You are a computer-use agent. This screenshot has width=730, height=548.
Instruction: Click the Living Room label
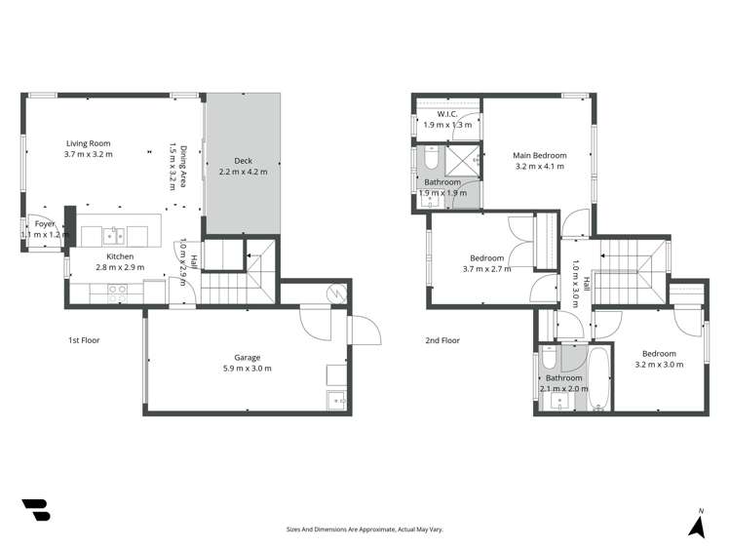click(89, 142)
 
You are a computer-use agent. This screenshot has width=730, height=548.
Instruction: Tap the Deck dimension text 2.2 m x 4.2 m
click(243, 173)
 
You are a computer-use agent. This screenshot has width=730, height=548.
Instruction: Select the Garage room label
click(247, 357)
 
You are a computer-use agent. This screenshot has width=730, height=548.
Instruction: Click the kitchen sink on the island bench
click(115, 235)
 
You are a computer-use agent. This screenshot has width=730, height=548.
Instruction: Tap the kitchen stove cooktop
click(117, 289)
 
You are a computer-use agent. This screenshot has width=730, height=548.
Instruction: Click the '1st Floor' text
click(84, 340)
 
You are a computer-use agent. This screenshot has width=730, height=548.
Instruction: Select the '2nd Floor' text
click(442, 340)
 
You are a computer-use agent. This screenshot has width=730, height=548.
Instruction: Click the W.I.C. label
click(447, 113)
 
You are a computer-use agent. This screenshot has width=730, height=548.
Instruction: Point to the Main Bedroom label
click(540, 155)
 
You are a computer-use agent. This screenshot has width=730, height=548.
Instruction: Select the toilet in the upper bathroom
click(431, 157)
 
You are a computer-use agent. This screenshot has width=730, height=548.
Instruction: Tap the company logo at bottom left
click(36, 509)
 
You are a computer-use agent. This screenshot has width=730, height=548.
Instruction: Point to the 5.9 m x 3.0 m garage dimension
click(247, 369)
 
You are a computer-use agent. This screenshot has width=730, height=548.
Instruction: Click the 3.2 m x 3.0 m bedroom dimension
click(659, 365)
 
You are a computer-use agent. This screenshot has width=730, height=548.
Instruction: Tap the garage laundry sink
click(337, 398)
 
